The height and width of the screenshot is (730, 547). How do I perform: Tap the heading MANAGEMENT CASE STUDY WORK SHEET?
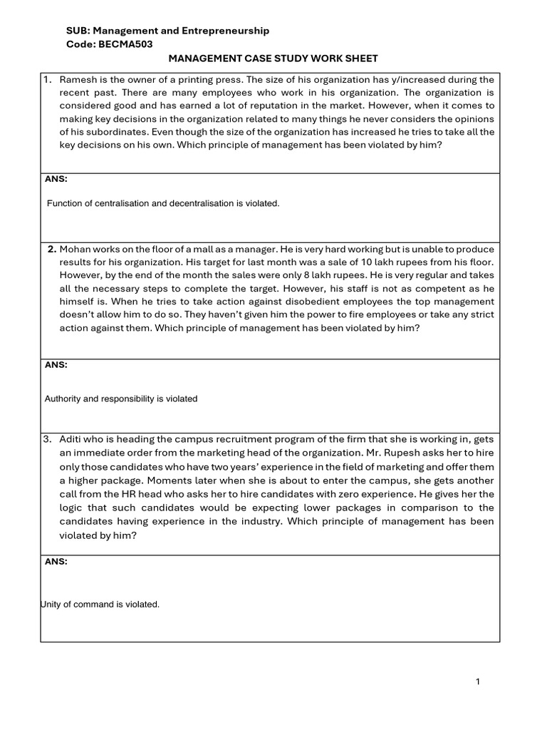pos(273,58)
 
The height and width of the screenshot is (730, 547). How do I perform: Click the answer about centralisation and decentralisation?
pos(163,204)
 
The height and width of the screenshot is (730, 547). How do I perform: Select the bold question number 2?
pos(52,250)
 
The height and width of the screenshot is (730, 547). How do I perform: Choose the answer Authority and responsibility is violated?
pos(121,399)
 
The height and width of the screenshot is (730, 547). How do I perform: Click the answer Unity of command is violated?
pos(100,605)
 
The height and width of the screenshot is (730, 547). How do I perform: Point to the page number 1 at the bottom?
pos(478,682)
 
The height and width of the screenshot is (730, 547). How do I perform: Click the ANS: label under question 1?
pos(56,179)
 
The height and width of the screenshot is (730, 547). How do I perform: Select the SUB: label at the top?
pos(77,31)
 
